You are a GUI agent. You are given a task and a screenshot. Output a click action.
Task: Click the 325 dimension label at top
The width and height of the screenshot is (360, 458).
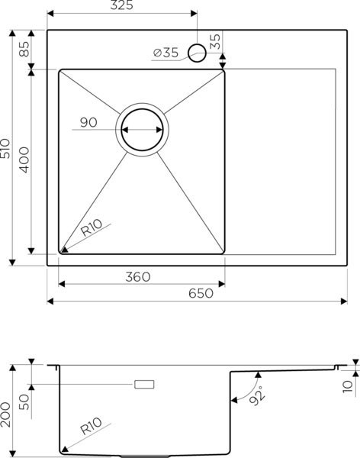click(121, 7)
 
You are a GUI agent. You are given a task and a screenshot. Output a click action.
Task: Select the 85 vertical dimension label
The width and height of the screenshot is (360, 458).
click(24, 50)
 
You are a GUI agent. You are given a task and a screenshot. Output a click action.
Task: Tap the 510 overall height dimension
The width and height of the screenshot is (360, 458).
click(7, 149)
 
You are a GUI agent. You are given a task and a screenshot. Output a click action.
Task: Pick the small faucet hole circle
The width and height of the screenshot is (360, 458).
click(197, 52)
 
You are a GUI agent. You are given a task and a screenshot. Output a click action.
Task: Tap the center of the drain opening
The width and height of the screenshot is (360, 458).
click(142, 130)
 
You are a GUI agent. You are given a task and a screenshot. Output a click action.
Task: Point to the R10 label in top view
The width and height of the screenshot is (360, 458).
click(94, 227)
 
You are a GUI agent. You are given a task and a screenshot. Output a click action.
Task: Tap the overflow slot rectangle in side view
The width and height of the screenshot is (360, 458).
click(144, 384)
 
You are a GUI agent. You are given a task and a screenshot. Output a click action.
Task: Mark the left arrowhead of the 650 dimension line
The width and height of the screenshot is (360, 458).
click(51, 301)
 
